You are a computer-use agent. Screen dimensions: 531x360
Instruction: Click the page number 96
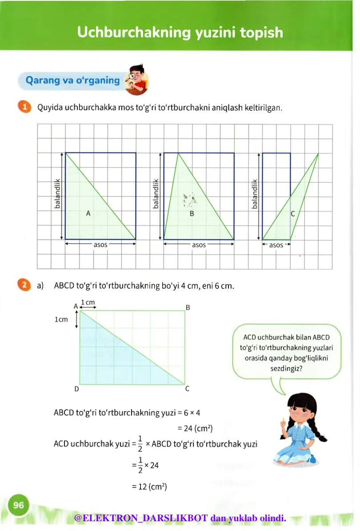click(x=18, y=505)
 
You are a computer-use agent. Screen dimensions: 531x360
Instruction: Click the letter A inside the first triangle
click(x=88, y=214)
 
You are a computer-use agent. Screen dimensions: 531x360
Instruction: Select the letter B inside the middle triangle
click(x=192, y=214)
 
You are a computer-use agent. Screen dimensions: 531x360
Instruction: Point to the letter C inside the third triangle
click(x=292, y=214)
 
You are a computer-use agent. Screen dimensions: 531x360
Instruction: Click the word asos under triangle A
click(x=100, y=245)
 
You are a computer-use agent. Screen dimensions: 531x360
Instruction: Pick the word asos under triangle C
click(x=276, y=245)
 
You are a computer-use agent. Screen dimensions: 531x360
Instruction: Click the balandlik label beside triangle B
click(x=156, y=194)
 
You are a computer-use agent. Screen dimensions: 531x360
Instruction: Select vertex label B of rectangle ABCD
click(x=188, y=307)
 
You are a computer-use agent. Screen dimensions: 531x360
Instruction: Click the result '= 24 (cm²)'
click(x=195, y=429)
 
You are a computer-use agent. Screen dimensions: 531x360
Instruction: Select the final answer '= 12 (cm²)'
click(x=149, y=487)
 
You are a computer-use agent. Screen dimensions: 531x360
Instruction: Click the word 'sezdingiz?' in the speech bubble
click(x=287, y=368)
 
